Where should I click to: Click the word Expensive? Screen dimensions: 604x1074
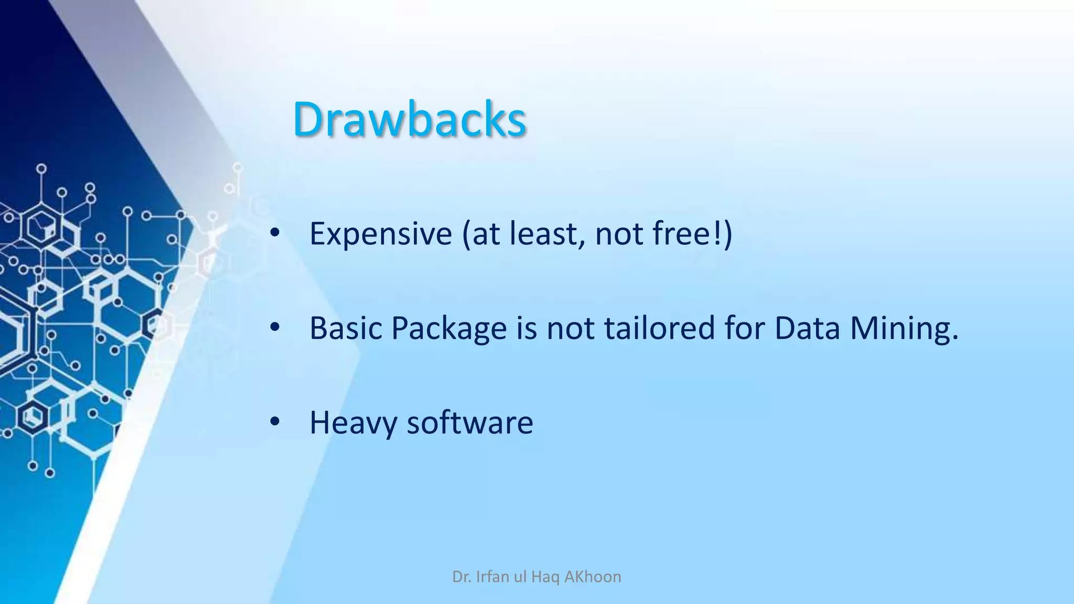[381, 233]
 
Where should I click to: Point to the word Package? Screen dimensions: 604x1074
[449, 329]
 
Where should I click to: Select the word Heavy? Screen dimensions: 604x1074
[353, 423]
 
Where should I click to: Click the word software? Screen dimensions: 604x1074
[470, 423]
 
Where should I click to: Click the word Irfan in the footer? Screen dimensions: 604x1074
[493, 577]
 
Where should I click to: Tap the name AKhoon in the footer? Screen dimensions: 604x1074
[593, 577]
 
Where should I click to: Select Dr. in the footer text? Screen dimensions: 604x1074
[461, 577]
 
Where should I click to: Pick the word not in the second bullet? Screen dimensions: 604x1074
[571, 328]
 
